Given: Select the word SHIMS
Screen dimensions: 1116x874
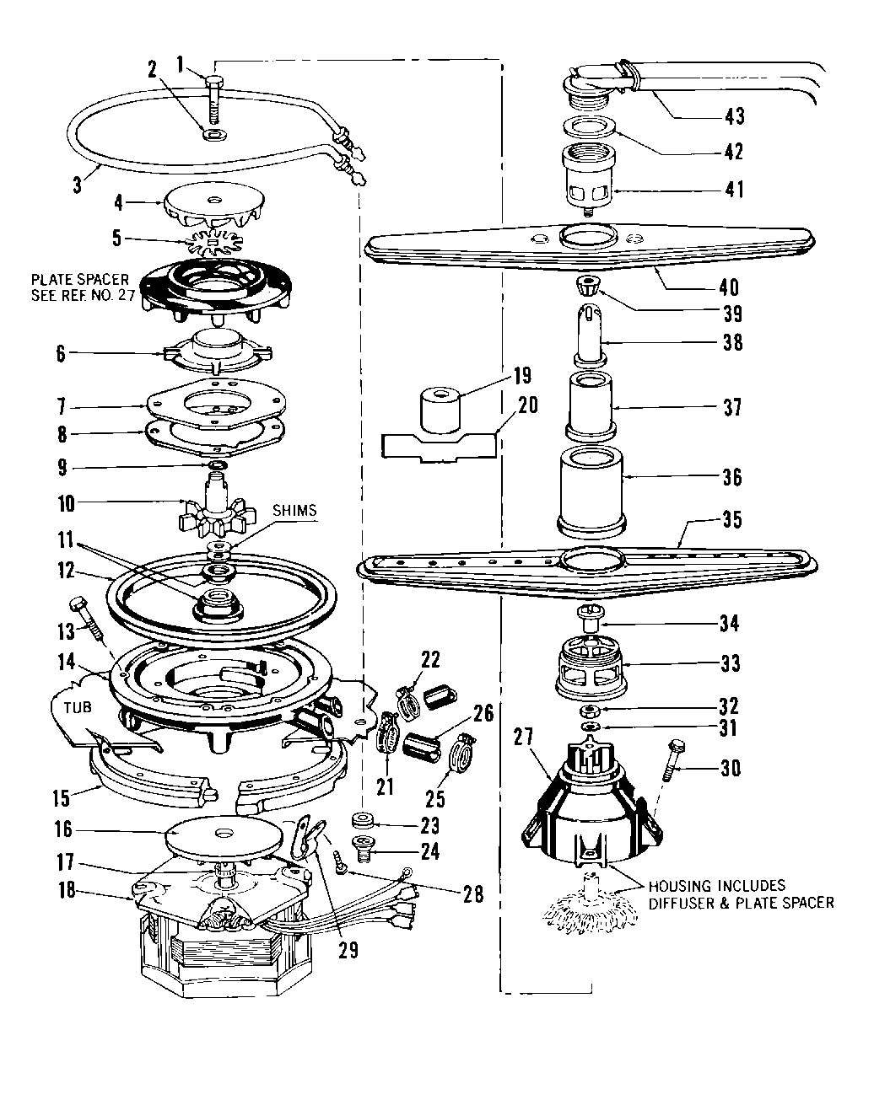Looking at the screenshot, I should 294,510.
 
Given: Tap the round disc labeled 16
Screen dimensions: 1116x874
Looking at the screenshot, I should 222,833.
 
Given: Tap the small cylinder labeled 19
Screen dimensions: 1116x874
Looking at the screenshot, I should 440,410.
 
